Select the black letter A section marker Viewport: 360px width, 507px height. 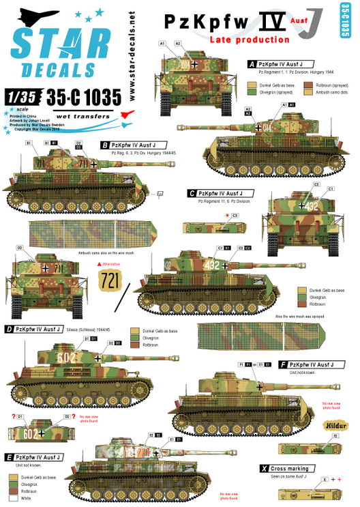click(252, 63)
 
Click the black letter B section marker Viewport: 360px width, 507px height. click(104, 145)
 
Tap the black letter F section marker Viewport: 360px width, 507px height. click(283, 364)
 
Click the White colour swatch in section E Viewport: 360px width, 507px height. click(13, 499)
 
